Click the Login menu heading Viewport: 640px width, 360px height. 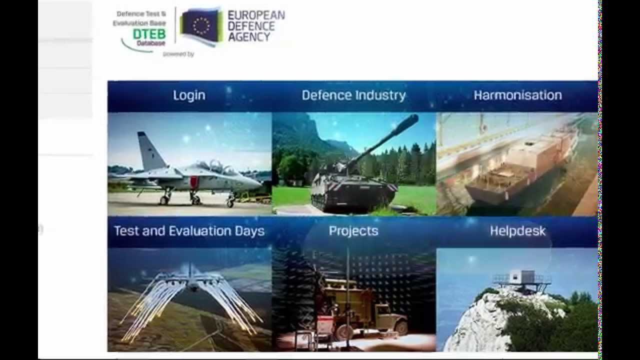click(189, 95)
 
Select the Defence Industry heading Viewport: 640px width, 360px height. click(353, 95)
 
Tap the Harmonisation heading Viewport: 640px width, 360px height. click(517, 95)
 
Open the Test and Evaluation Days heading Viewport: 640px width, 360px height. click(189, 231)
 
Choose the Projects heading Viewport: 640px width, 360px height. click(353, 231)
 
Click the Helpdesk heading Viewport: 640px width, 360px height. click(517, 231)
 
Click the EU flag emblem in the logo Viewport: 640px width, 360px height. click(201, 26)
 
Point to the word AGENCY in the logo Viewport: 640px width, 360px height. click(249, 36)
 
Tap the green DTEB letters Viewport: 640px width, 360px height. click(149, 34)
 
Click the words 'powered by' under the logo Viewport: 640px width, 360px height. click(178, 54)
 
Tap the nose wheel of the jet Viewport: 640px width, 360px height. click(230, 202)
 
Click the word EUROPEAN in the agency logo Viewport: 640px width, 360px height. click(256, 15)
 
